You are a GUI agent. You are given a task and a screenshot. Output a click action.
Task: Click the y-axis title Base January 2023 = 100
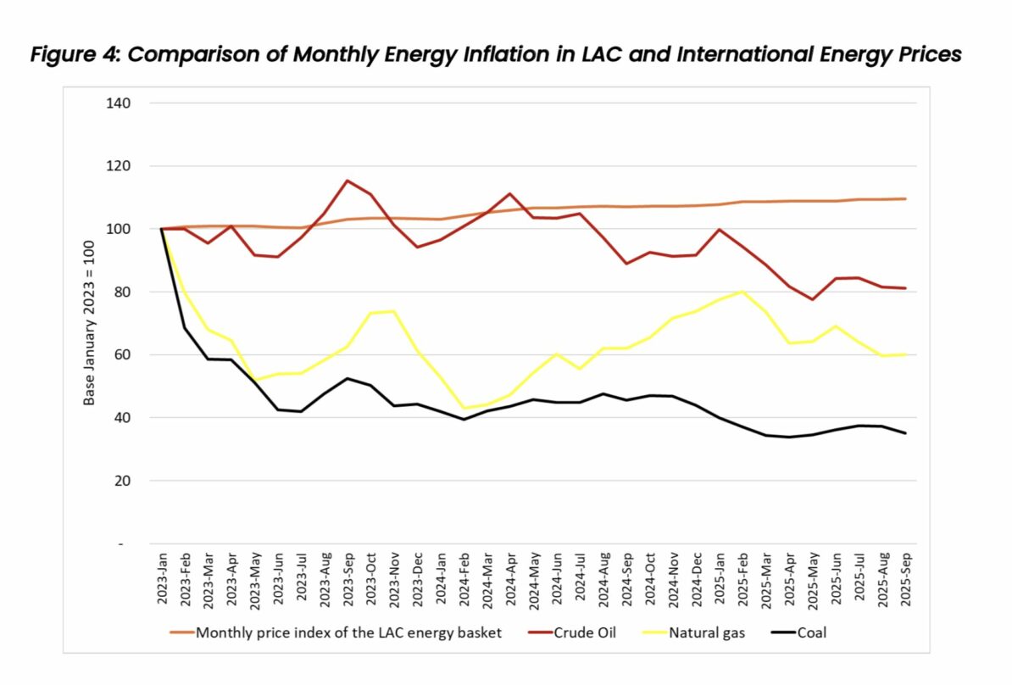click(89, 323)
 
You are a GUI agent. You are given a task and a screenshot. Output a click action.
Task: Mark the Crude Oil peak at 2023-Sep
click(347, 181)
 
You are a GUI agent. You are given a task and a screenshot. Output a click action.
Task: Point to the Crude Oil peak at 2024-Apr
click(509, 193)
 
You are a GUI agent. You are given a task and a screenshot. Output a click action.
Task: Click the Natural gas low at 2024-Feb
click(463, 408)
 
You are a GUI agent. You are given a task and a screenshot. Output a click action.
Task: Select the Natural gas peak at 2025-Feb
click(742, 292)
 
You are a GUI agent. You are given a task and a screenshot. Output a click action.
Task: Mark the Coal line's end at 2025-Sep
click(904, 433)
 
